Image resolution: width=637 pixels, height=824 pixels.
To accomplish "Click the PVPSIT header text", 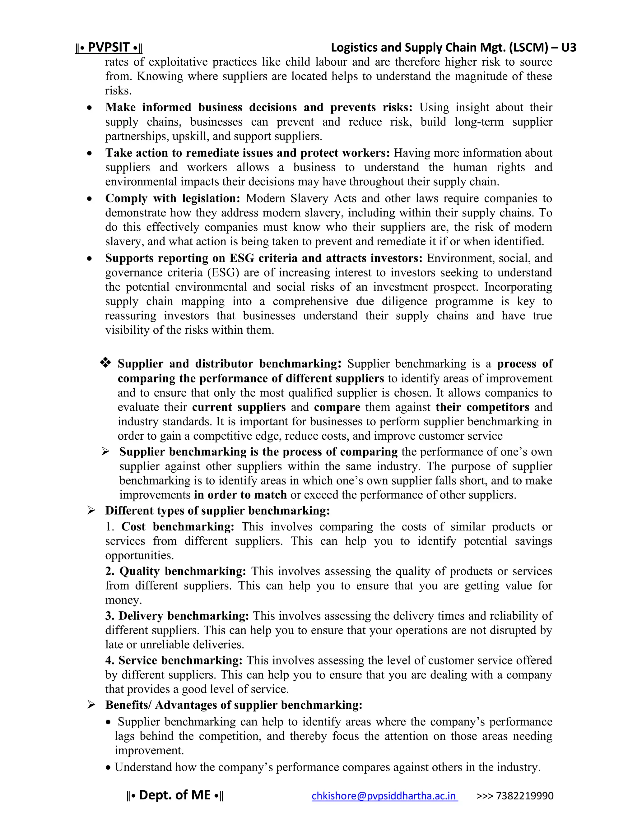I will pos(109,48).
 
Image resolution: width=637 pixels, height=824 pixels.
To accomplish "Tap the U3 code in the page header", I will pos(568,48).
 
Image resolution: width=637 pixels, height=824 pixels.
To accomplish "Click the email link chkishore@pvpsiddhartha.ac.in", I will pos(384,796).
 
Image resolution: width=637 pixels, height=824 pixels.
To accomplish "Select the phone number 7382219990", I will pos(524,796).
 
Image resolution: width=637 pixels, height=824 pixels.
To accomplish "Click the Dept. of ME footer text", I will pos(175,795).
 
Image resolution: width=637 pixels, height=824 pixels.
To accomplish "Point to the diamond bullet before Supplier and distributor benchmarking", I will pos(105,363).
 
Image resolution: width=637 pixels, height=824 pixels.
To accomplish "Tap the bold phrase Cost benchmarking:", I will pos(177,527).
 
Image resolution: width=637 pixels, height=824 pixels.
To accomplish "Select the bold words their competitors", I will pos(482,407).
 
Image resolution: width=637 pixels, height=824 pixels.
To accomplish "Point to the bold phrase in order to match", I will pos(240,495).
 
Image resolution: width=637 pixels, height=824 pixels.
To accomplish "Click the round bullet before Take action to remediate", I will pos(90,154).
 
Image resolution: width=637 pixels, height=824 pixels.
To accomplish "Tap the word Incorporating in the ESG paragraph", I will pos(518,287).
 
